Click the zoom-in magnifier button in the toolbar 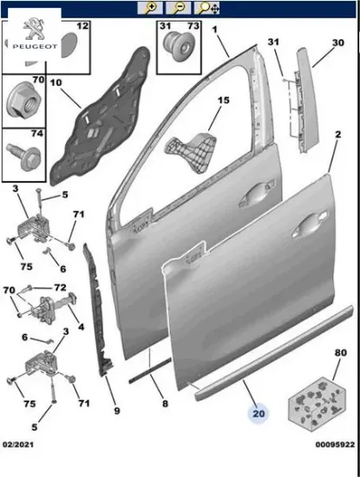click(150, 8)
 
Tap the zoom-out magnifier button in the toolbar click(179, 8)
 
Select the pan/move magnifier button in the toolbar click(207, 8)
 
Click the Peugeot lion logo click(33, 29)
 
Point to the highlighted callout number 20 click(259, 414)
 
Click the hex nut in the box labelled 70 click(23, 101)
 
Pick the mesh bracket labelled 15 click(192, 151)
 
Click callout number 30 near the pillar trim click(337, 42)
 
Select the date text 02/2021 click(18, 444)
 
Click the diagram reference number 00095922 click(335, 444)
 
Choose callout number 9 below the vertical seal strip click(117, 411)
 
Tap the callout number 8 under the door click(165, 404)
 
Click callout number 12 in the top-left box click(82, 26)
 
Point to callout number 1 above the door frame click(215, 29)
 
